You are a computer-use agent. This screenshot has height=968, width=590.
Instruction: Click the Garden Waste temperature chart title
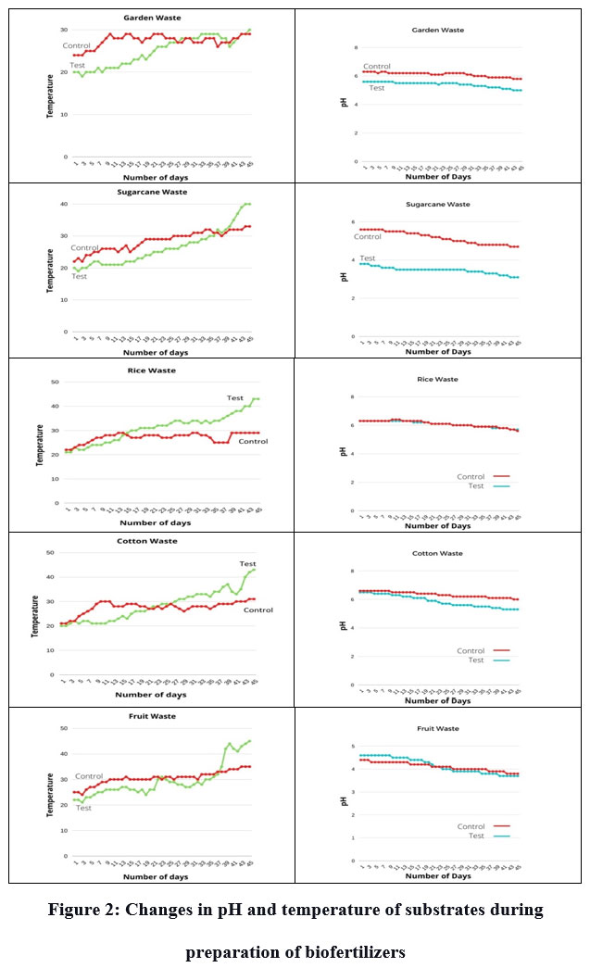(152, 18)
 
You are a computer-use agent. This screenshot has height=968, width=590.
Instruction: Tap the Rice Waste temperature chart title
(152, 371)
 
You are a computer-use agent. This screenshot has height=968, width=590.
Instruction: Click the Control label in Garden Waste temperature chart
(78, 45)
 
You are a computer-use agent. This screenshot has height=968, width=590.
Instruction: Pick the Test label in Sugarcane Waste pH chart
(368, 258)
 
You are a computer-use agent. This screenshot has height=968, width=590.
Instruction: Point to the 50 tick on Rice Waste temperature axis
(56, 382)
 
